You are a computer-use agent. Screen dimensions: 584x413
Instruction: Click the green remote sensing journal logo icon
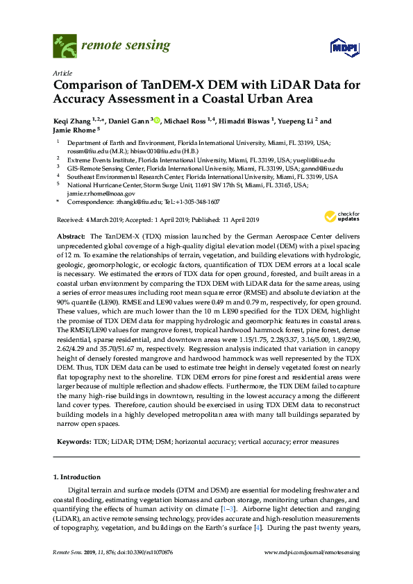tap(65, 46)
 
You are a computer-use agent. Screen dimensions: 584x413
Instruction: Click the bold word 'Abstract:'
tap(71, 237)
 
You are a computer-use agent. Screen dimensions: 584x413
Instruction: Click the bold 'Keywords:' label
tap(73, 441)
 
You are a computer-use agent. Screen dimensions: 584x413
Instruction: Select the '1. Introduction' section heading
tap(76, 477)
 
